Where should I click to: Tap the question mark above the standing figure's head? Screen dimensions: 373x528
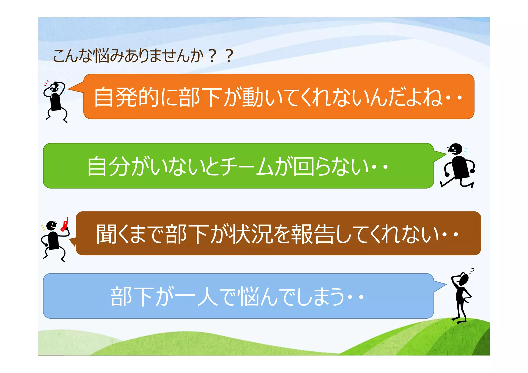(x=472, y=270)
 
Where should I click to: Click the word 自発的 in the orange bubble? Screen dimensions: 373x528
(x=126, y=97)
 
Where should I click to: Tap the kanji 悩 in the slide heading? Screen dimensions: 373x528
(x=102, y=56)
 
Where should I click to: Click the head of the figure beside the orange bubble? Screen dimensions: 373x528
(x=55, y=87)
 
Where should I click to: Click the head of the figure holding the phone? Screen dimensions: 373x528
(x=52, y=225)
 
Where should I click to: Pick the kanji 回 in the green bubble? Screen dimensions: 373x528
(x=304, y=166)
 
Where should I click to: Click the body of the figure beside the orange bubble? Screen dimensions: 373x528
(x=55, y=102)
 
